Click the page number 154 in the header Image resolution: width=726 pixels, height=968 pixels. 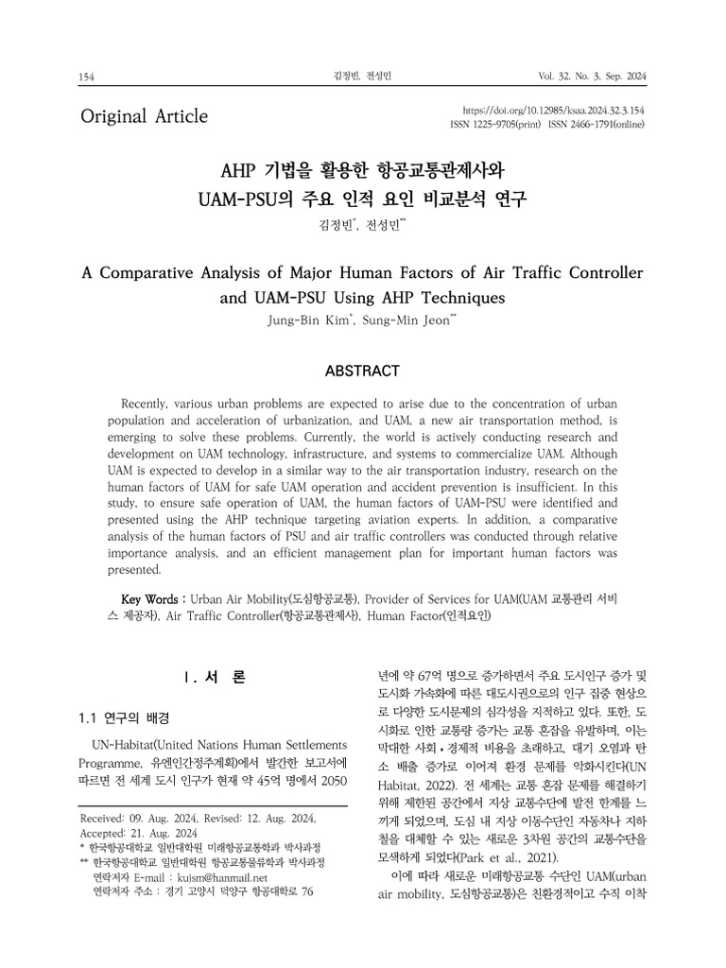[88, 77]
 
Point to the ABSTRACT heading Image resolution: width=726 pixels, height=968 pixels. [362, 371]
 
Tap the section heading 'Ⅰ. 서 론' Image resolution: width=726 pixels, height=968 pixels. [215, 677]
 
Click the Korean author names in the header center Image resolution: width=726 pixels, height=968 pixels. [362, 77]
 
